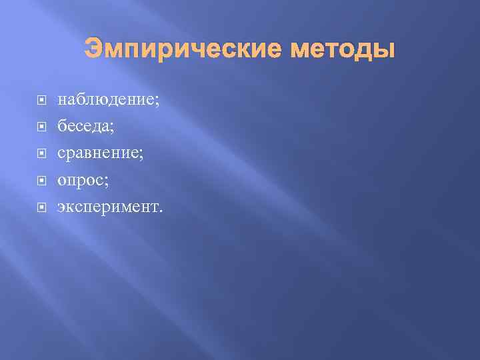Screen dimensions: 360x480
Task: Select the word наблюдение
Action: (106, 101)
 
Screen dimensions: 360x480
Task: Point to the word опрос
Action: (81, 181)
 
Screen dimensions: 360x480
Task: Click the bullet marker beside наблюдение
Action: (41, 101)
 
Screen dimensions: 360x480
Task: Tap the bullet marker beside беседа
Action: (41, 127)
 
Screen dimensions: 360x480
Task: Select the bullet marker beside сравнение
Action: (41, 154)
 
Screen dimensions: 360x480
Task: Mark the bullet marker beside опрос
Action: (41, 181)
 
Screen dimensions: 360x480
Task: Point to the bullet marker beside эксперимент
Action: (41, 207)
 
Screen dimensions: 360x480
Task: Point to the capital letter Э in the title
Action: (93, 50)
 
